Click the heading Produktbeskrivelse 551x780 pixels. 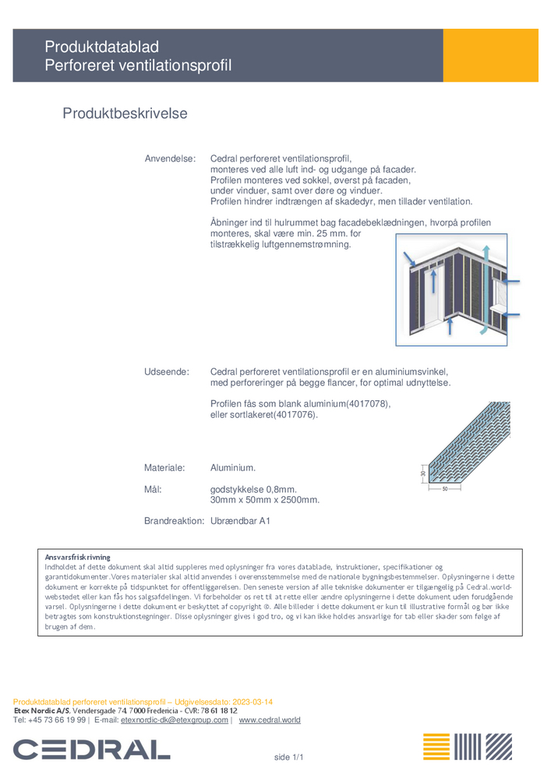coord(125,114)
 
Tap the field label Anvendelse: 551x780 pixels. coord(170,158)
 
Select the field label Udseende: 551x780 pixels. coord(167,372)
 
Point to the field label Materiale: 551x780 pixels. coord(164,468)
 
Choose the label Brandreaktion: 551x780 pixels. coord(175,520)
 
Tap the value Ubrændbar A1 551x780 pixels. coord(240,520)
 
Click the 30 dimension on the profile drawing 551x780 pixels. coord(423,473)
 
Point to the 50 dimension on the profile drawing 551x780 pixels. coord(445,489)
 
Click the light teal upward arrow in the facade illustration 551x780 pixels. coord(486,289)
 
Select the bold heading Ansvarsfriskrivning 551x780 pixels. coord(78,557)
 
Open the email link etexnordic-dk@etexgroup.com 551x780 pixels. coord(175,720)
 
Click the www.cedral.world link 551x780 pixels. coord(269,720)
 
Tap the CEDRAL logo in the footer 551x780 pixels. coord(91,750)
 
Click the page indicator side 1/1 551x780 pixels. coord(288,757)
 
